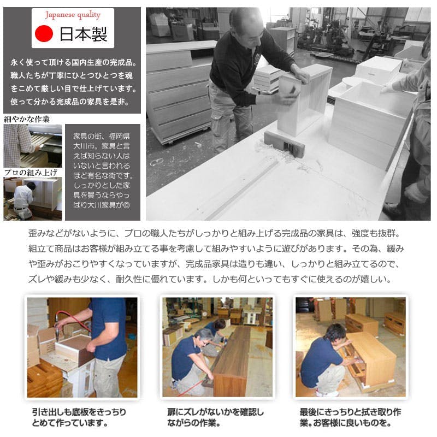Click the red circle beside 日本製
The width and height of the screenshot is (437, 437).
tap(44, 33)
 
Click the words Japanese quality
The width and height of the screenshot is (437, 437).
tap(73, 15)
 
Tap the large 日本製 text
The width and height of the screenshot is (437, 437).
tap(84, 34)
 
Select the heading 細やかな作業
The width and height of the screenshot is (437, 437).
tap(27, 119)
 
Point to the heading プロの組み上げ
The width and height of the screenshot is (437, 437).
tap(31, 173)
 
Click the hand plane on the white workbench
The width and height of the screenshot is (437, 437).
tap(284, 143)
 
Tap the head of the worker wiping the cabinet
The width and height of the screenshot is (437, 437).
tap(335, 333)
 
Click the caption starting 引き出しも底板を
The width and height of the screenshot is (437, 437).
tap(79, 417)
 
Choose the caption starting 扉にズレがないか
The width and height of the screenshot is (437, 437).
tap(215, 417)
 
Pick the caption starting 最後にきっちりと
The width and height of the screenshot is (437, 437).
tap(350, 417)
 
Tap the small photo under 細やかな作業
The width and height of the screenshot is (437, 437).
tap(33, 146)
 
